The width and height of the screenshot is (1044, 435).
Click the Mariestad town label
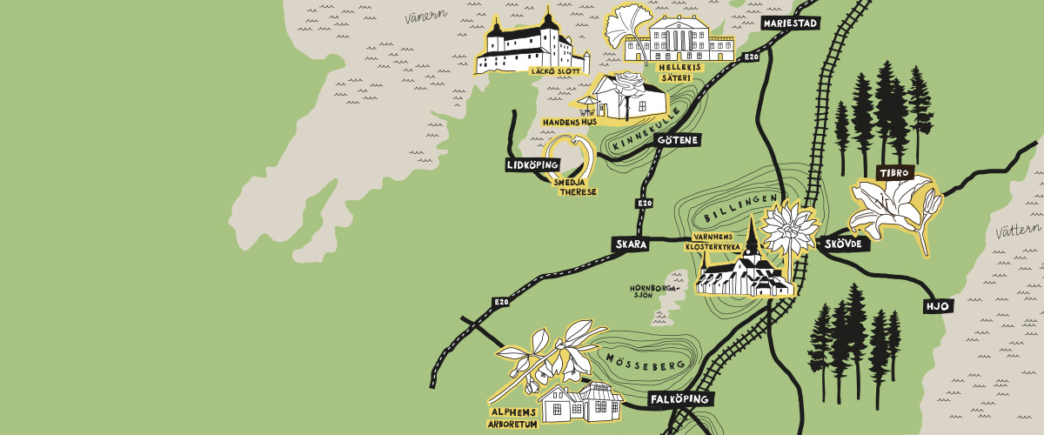789,23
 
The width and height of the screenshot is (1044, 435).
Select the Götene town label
678,139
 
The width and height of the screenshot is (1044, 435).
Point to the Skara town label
630,244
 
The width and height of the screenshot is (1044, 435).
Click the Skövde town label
843,244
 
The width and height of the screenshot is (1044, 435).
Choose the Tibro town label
893,173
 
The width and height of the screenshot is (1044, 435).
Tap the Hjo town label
936,306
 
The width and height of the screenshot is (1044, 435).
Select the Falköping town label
681,399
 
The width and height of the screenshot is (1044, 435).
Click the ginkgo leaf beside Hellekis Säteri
625,26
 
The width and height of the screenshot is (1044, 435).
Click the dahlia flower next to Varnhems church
786,228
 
